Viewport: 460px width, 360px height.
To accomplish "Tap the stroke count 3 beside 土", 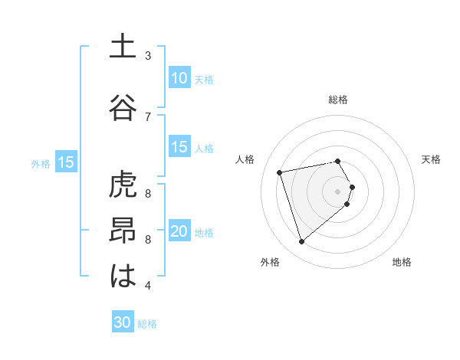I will [x=148, y=56].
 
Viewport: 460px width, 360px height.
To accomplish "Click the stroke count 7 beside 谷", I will [x=148, y=116].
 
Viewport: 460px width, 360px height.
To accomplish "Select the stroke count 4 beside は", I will [x=148, y=286].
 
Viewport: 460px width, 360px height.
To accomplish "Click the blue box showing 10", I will [x=179, y=78].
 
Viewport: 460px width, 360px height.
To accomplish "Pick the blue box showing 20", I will [x=179, y=232].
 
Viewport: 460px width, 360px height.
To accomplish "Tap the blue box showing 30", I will [x=123, y=322].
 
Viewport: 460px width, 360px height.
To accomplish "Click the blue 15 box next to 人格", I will [x=179, y=148].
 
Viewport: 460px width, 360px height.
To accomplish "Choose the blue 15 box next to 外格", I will [x=66, y=162].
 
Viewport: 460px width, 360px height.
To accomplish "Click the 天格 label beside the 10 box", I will [x=204, y=79].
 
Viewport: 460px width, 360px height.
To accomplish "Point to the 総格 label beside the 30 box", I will [x=147, y=324].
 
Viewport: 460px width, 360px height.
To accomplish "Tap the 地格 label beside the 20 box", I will [x=204, y=233].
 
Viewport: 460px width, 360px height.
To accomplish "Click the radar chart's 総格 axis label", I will [x=338, y=100].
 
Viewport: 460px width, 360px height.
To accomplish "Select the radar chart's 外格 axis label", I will [x=270, y=262].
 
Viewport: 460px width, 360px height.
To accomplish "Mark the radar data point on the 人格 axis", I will [x=280, y=172].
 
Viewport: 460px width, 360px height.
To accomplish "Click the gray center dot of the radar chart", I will [x=337, y=191].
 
